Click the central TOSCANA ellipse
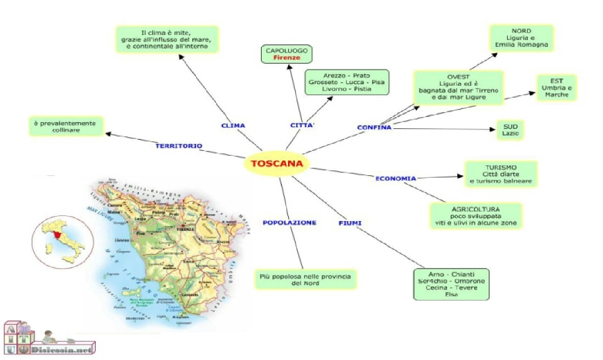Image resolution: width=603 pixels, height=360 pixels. click(x=276, y=164)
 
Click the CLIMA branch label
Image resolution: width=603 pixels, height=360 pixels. click(x=233, y=125)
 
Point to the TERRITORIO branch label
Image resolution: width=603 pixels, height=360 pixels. click(x=178, y=146)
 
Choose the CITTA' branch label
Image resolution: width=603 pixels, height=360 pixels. click(x=301, y=125)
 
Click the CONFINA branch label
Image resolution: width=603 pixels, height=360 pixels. click(x=374, y=128)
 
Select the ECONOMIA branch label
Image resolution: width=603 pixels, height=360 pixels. click(x=396, y=178)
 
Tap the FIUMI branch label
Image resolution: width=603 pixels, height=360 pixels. click(x=351, y=223)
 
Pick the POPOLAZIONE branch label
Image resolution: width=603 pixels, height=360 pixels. click(x=289, y=222)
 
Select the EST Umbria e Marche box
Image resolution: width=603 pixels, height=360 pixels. click(x=556, y=88)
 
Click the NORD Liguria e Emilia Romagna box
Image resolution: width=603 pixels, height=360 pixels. click(x=521, y=38)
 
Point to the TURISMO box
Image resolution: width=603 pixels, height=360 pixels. click(x=500, y=174)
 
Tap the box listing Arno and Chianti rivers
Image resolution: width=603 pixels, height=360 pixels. click(x=451, y=284)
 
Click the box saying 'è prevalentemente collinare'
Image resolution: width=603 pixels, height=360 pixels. click(x=66, y=126)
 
